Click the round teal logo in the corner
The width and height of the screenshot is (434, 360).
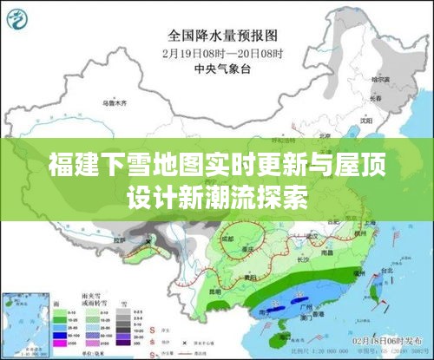20,16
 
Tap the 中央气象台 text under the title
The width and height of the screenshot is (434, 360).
220,68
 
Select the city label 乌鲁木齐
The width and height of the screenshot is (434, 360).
115,102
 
